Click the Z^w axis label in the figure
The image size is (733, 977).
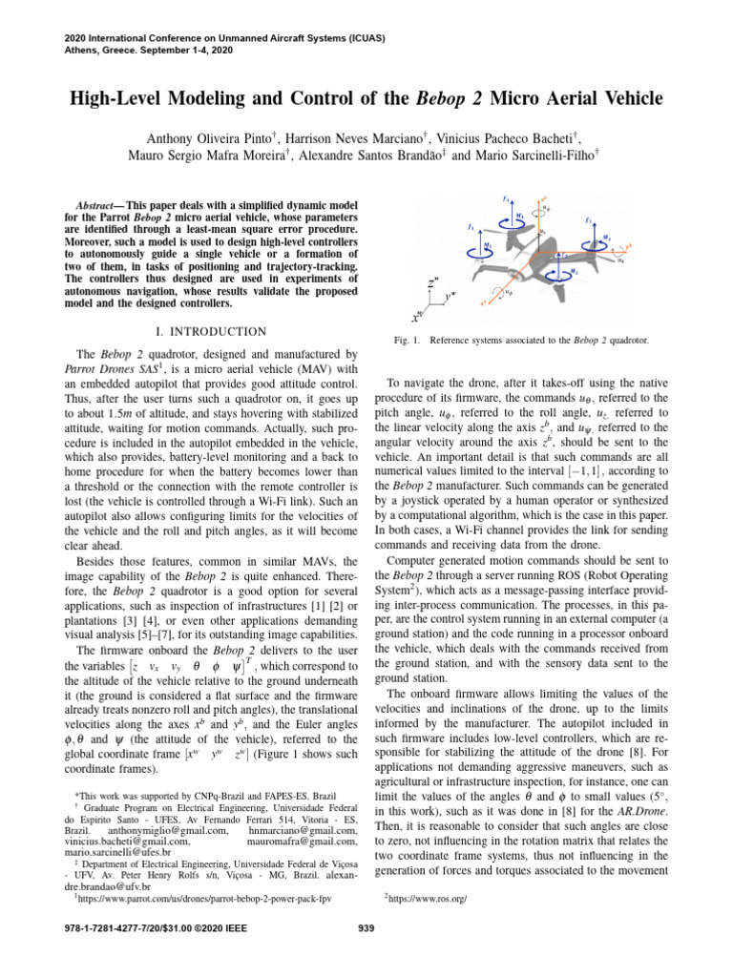(434, 283)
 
